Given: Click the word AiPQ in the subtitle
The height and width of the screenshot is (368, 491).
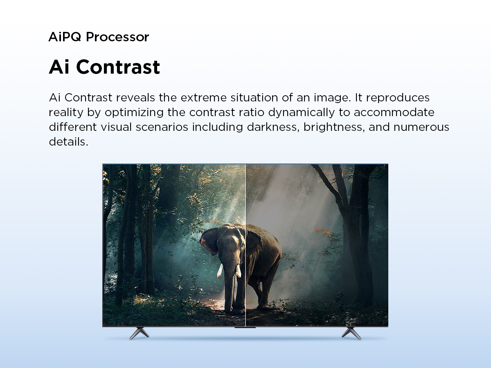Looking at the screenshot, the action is (65, 37).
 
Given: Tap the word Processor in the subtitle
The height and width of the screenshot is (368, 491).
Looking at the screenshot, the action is (117, 37).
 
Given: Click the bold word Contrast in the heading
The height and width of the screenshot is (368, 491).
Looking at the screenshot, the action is (118, 67).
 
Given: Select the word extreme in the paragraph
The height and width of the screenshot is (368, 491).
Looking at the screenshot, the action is (203, 98).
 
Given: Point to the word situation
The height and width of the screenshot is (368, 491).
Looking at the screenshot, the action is (254, 98).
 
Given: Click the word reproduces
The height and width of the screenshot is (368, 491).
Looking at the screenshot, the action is (398, 98).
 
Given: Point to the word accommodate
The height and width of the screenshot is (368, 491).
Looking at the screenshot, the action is (394, 112).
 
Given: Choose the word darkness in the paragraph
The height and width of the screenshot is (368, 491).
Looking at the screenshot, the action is (273, 127).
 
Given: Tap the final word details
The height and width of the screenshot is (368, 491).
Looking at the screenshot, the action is (68, 141).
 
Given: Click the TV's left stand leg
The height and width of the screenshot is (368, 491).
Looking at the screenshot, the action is (139, 333).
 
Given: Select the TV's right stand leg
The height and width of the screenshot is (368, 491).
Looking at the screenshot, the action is (351, 333).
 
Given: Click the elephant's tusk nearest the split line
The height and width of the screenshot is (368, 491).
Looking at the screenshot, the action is (239, 271).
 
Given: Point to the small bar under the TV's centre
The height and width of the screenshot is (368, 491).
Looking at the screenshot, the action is (245, 328).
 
